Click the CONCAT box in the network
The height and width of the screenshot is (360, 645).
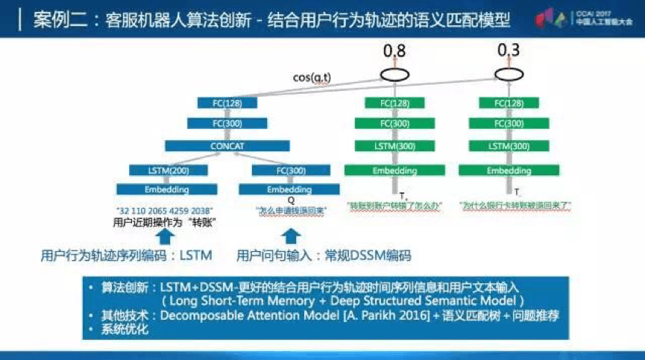click(x=227, y=147)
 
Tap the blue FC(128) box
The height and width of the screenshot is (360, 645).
click(x=227, y=102)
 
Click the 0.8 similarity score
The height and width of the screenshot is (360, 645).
click(x=395, y=51)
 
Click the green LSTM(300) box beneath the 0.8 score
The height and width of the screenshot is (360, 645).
click(x=395, y=146)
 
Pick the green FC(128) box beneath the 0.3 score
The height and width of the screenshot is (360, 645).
click(x=509, y=103)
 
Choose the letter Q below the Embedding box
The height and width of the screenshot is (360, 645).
click(x=291, y=200)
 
